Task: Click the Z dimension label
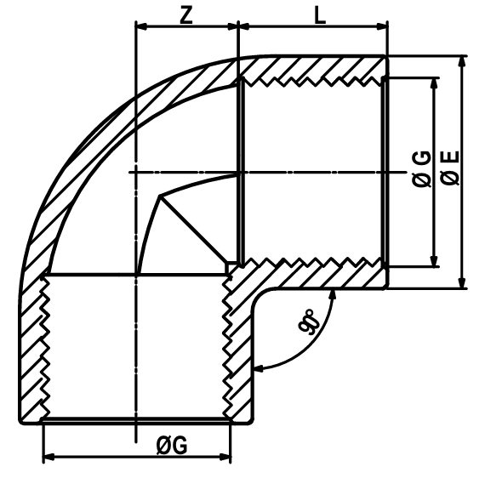pyautogui.click(x=186, y=16)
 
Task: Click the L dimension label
pyautogui.click(x=320, y=16)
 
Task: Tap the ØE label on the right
pyautogui.click(x=451, y=168)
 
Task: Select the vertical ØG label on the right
pyautogui.click(x=422, y=169)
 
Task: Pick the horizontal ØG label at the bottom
pyautogui.click(x=172, y=446)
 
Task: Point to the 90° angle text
pyautogui.click(x=309, y=322)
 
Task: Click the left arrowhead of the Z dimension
pyautogui.click(x=141, y=26)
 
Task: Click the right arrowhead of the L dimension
pyautogui.click(x=382, y=26)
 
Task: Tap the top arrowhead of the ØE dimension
pyautogui.click(x=462, y=61)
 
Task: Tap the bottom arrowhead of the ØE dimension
pyautogui.click(x=462, y=283)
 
